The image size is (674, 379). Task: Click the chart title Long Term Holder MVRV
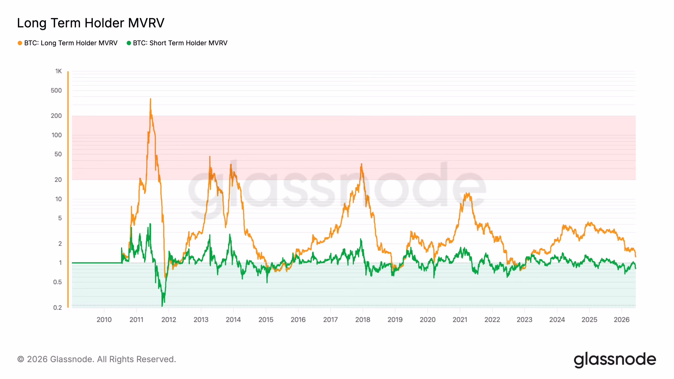(91, 23)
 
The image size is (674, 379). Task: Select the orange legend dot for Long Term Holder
(20, 43)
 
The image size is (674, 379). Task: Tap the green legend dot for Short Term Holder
(129, 43)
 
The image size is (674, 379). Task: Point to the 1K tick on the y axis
(58, 71)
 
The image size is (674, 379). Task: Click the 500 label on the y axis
(56, 91)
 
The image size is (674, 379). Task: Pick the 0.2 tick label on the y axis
(57, 307)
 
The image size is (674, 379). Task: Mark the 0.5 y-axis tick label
(57, 282)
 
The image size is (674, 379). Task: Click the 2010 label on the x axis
(104, 320)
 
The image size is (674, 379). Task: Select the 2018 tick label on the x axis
(363, 320)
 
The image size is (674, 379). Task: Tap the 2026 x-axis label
(622, 320)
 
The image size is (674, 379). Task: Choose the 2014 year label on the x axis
(233, 320)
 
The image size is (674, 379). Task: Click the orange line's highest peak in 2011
(150, 99)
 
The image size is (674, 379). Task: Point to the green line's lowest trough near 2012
(162, 306)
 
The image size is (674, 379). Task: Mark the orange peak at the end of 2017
(361, 164)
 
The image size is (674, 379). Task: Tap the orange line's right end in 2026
(636, 256)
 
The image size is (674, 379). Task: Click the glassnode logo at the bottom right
(615, 360)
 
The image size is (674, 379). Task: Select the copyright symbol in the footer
(21, 359)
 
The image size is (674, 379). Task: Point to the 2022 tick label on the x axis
(492, 320)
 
